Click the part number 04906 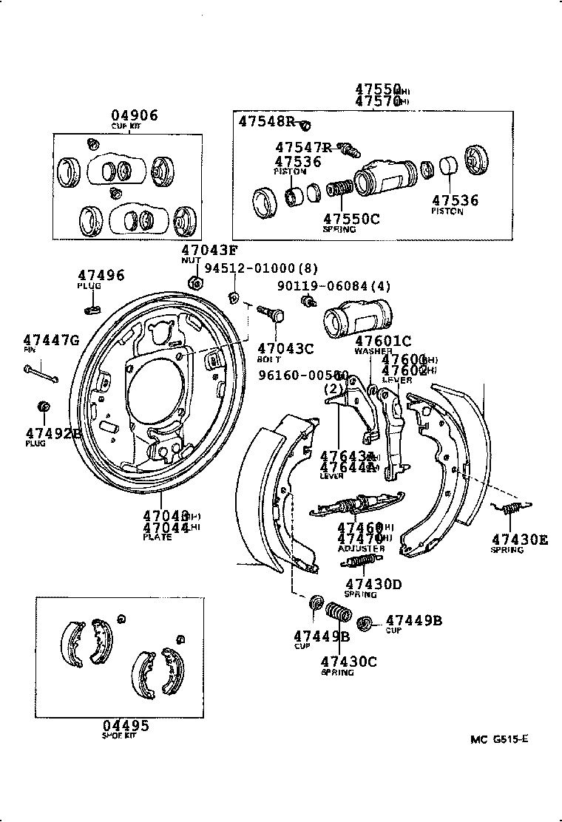click(135, 115)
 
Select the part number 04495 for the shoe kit click(125, 725)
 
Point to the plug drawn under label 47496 click(92, 307)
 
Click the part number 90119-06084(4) click(323, 285)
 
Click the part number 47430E click(519, 540)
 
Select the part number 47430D click(373, 584)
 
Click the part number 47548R click(267, 122)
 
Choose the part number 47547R click(304, 148)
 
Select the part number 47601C click(382, 341)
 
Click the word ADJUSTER click(361, 549)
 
